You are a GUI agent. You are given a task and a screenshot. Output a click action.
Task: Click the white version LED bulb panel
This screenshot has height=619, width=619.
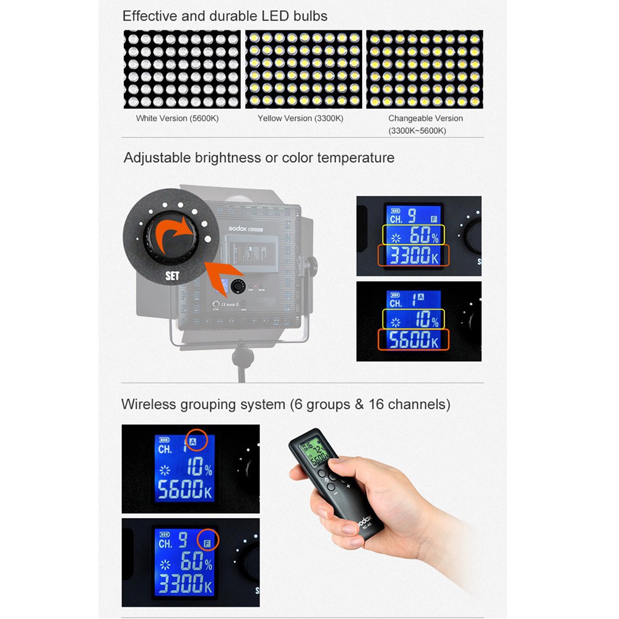click(182, 69)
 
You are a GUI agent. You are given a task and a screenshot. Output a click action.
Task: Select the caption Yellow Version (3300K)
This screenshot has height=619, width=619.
click(300, 118)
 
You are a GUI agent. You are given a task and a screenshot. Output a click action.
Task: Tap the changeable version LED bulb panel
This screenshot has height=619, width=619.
click(425, 69)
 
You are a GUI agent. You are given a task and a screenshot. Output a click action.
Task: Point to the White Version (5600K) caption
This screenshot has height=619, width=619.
click(178, 118)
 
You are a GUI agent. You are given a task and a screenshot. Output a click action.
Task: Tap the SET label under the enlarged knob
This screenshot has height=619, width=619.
click(172, 276)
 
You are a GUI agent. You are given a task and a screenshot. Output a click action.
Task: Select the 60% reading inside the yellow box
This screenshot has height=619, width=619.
click(413, 236)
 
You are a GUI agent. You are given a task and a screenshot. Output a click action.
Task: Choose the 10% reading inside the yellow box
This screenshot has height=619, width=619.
click(413, 319)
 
